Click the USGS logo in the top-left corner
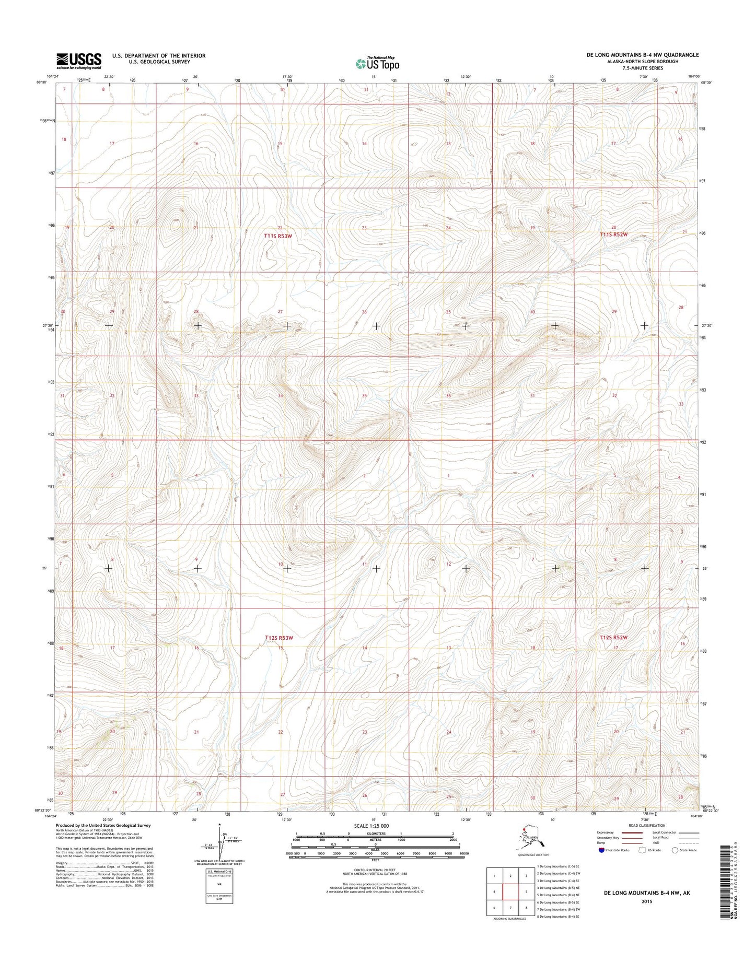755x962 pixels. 79,61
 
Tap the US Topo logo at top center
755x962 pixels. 377,63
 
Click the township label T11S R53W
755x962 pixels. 278,236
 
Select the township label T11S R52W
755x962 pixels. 613,235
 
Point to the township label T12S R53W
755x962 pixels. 279,638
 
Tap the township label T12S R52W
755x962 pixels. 613,637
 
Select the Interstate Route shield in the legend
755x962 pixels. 602,850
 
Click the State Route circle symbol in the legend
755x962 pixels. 675,850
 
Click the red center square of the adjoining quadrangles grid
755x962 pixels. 509,891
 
